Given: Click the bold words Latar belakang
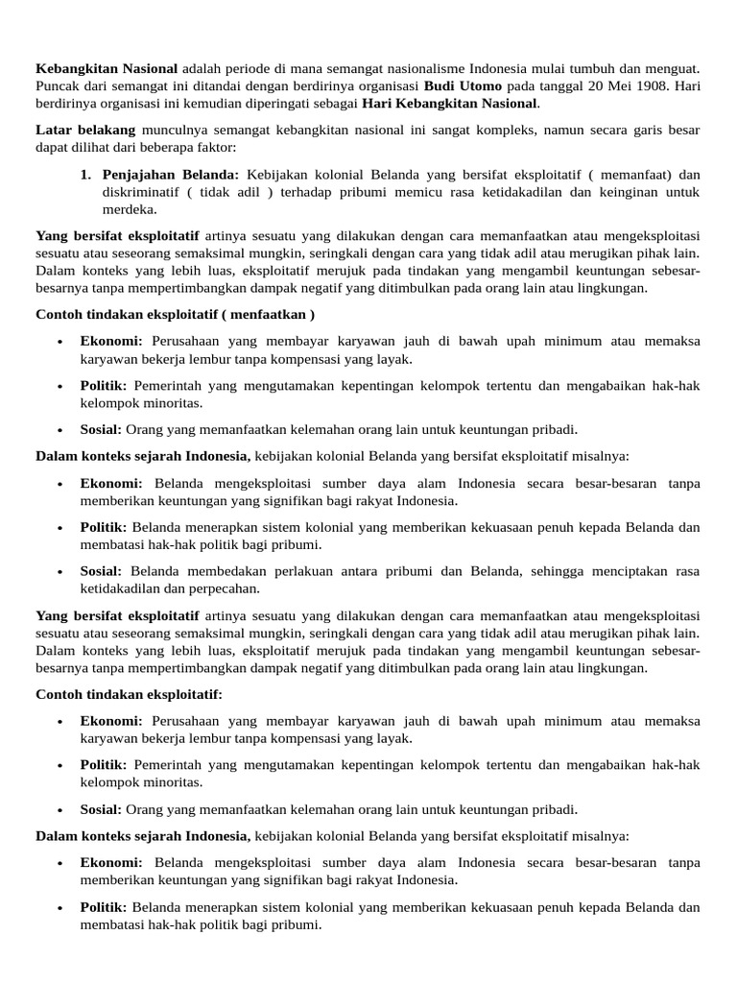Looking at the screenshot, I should [85, 129].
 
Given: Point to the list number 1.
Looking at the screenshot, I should [85, 175].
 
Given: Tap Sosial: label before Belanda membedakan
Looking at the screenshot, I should [102, 571].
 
